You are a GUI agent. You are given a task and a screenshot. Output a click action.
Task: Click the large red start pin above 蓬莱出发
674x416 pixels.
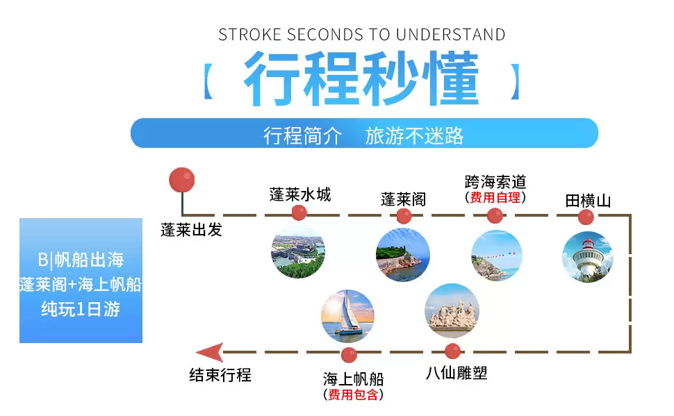tap(182, 180)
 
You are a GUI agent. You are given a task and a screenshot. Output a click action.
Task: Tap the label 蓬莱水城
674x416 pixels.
tap(300, 194)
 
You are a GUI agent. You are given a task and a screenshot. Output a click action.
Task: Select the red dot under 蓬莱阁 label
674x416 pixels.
tap(404, 216)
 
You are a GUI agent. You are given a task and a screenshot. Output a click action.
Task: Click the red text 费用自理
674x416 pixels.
tap(495, 198)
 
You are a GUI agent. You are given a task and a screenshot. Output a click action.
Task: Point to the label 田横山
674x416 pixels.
tap(588, 201)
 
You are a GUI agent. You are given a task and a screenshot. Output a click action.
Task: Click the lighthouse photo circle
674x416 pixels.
tap(588, 256)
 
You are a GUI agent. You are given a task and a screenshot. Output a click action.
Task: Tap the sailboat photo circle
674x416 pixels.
tap(347, 316)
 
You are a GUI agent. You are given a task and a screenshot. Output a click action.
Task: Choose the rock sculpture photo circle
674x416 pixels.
tap(452, 310)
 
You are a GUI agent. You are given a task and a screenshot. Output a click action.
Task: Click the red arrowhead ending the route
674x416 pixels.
tap(210, 352)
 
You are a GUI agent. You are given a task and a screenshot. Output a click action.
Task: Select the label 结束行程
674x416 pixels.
tap(220, 375)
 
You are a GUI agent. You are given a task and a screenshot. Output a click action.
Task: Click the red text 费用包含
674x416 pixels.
tap(353, 394)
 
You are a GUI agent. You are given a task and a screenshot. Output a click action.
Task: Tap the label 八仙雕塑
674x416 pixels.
tap(457, 373)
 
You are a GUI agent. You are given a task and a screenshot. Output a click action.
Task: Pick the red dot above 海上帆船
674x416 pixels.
tap(349, 355)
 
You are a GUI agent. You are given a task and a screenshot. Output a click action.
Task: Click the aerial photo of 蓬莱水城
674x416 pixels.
tap(298, 252)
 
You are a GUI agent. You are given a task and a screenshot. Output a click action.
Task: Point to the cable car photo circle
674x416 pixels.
tap(497, 256)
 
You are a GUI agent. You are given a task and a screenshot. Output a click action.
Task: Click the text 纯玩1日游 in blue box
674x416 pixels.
tap(81, 309)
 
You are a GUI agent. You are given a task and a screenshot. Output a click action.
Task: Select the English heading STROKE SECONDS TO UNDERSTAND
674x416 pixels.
tap(361, 35)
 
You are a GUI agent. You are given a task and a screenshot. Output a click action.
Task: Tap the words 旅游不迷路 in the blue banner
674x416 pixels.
tap(414, 136)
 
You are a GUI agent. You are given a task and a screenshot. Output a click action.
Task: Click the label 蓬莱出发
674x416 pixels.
tap(191, 230)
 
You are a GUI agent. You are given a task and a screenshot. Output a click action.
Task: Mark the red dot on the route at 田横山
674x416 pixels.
tap(586, 217)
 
